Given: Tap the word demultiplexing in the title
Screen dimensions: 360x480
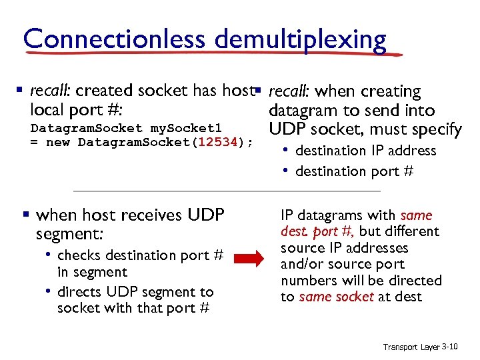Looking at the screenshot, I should tap(301, 40).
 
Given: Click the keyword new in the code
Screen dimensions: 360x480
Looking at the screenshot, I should tap(55, 142).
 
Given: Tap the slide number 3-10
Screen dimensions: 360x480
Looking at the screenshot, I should tap(450, 347).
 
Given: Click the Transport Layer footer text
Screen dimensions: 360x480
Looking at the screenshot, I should tap(411, 347).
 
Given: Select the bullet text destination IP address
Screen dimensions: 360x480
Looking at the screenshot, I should tap(365, 151).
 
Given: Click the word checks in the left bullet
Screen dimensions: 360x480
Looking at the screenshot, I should tap(79, 255).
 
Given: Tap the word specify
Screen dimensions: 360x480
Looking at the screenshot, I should tap(437, 129).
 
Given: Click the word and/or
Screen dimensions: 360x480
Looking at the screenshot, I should tap(303, 264).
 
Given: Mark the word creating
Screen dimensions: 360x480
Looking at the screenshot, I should tap(395, 91).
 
